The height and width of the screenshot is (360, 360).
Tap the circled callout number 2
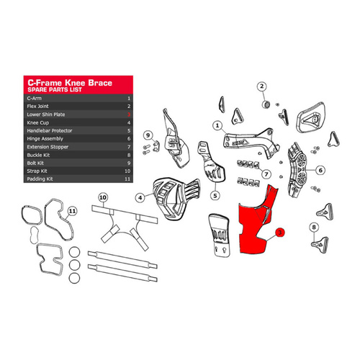(263, 88)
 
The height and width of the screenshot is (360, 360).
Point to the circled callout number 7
(266, 174)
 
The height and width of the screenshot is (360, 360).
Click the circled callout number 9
(147, 135)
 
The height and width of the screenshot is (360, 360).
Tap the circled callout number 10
(103, 197)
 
